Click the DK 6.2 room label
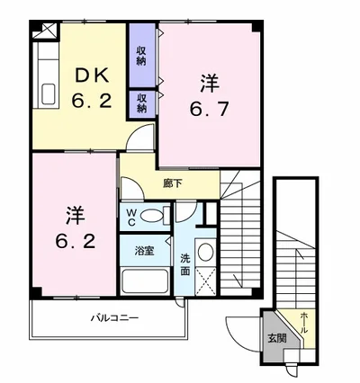[x=92, y=89]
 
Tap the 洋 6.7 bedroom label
[x=210, y=95]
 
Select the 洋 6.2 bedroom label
[x=76, y=227]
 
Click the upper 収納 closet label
[x=141, y=56]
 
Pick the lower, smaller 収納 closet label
[x=142, y=103]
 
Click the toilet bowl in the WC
[x=151, y=216]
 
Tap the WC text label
[x=130, y=218]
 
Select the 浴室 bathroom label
[x=144, y=251]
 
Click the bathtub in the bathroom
[x=145, y=281]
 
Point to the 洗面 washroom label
[x=185, y=264]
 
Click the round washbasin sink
[x=205, y=252]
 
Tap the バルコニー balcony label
[x=115, y=317]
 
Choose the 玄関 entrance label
[x=277, y=338]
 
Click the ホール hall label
[x=303, y=323]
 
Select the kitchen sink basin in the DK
[x=49, y=94]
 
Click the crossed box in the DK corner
[x=44, y=31]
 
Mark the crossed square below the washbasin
[x=205, y=281]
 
